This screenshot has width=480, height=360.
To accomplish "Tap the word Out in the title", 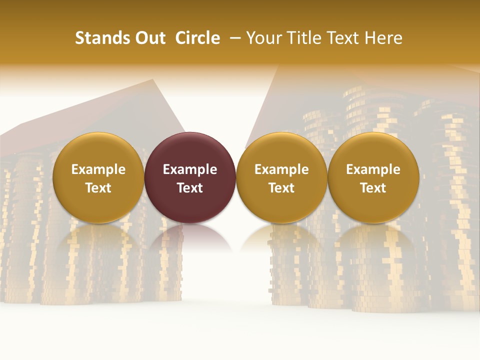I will click(x=150, y=38).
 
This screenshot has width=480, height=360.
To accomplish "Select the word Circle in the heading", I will click(x=197, y=38).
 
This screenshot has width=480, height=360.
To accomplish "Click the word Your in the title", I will click(x=263, y=38).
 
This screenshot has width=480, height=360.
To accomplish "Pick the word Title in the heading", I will click(x=300, y=38).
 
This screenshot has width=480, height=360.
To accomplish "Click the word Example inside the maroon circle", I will click(x=190, y=169).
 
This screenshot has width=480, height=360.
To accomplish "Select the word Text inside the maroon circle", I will click(x=190, y=188).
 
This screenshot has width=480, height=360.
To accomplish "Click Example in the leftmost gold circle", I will click(x=98, y=169).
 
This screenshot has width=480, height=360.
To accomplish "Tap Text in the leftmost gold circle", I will click(x=98, y=188).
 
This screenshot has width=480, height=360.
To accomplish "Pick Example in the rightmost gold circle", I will click(x=373, y=169).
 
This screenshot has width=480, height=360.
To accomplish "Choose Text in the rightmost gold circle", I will click(x=373, y=188).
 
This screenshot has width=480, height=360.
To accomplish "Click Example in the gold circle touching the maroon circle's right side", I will click(x=281, y=169).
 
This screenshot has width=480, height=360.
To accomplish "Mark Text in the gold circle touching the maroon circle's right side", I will click(x=281, y=188).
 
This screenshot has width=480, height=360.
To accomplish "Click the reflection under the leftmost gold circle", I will click(x=98, y=240).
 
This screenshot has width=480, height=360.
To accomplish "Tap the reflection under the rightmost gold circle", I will click(x=373, y=240).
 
